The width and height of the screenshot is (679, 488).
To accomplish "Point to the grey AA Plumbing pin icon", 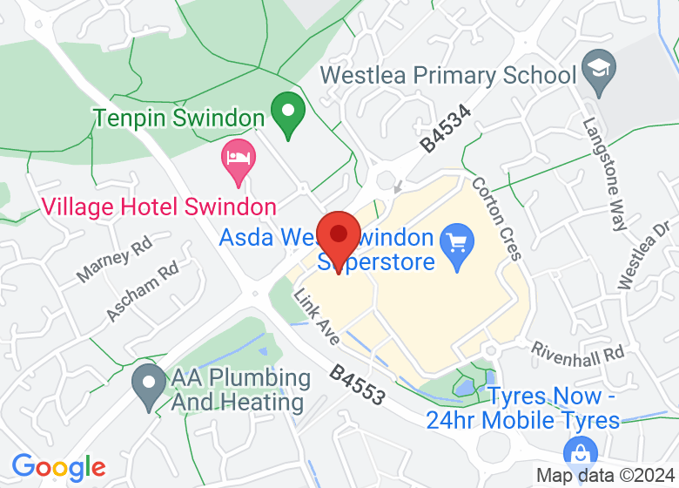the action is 149,385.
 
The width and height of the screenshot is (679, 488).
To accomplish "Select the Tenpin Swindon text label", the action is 178,118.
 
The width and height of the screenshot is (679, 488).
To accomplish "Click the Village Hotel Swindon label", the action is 159,207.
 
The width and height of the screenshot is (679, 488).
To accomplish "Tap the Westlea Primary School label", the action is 448,75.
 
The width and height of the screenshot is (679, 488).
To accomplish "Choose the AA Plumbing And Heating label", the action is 240,390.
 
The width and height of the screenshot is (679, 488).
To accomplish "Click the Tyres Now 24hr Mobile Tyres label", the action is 523,408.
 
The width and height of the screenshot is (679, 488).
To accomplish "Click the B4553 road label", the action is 357,384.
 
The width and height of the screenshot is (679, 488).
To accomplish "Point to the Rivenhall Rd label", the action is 578,352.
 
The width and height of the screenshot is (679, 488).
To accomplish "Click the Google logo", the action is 58,468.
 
